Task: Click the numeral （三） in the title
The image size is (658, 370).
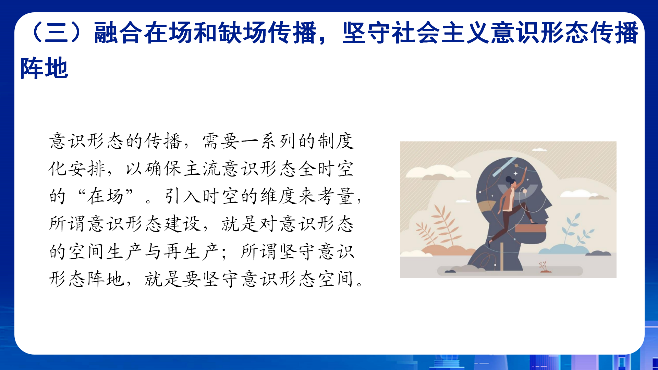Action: (57, 33)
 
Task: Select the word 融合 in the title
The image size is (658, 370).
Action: (118, 33)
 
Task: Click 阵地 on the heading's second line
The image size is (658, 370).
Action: (45, 68)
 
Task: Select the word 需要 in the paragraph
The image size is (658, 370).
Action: (221, 141)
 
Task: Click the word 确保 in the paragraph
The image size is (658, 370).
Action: (163, 169)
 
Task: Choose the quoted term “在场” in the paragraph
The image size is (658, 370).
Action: (106, 196)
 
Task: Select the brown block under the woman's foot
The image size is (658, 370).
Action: (530, 228)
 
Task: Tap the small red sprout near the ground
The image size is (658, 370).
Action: (544, 267)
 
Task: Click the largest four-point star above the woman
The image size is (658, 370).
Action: (516, 174)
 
